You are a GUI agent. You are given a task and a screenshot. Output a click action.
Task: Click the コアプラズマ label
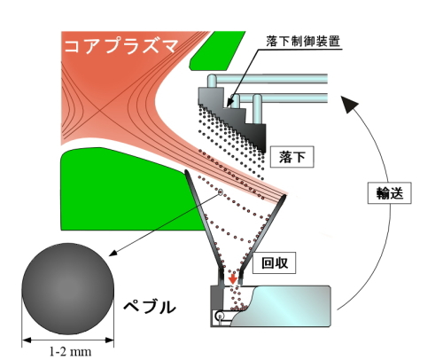[121, 46]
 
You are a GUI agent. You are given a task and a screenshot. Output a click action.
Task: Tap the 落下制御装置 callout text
[303, 42]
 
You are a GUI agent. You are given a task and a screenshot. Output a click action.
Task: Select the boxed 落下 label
[292, 157]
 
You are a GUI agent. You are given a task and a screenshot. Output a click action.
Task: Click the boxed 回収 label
[275, 262]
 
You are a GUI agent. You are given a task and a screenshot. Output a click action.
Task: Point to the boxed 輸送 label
[390, 193]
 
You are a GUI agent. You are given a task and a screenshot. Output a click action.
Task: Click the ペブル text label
[150, 307]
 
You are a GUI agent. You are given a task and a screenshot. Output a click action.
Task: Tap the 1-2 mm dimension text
[70, 352]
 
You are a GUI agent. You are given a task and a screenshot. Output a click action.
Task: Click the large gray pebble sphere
[68, 289]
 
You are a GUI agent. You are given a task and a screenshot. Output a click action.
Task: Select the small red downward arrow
[233, 278]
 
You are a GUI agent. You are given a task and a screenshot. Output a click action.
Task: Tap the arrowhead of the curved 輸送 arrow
[349, 104]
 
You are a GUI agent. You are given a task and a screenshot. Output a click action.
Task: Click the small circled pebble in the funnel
[220, 192]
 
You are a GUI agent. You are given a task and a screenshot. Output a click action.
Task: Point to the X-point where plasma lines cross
[99, 112]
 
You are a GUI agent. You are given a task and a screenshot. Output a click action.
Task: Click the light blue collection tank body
[281, 306]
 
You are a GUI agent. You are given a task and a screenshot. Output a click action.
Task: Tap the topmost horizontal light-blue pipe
[268, 79]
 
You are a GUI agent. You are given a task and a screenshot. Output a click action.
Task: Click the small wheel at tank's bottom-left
[220, 317]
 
